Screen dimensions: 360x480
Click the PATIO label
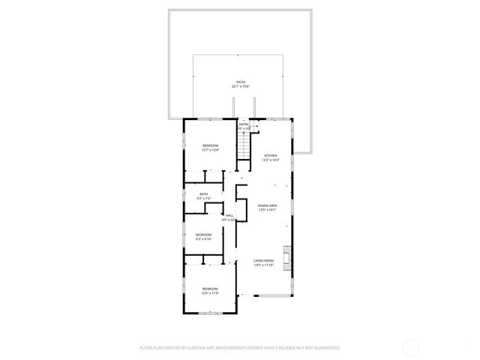tap(240, 82)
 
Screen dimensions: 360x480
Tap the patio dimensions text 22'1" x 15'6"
tap(240, 87)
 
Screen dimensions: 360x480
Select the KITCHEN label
tap(270, 155)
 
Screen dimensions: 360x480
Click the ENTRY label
tap(243, 124)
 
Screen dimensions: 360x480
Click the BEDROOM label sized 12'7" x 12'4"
tap(210, 145)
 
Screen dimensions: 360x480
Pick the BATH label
tap(203, 194)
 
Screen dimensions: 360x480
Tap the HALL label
tap(229, 215)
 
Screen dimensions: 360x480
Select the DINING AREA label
tap(268, 205)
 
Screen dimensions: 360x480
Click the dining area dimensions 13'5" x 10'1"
tap(268, 211)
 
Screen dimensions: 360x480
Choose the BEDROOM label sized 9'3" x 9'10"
tap(204, 235)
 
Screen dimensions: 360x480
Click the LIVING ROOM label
tap(263, 259)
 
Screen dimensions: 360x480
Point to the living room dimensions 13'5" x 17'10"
tap(263, 265)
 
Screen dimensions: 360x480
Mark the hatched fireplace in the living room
tap(285, 255)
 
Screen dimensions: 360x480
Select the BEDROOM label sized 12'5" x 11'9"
tap(210, 288)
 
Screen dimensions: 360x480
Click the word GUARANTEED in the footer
tap(324, 348)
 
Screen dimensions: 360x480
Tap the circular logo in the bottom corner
tap(410, 347)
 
